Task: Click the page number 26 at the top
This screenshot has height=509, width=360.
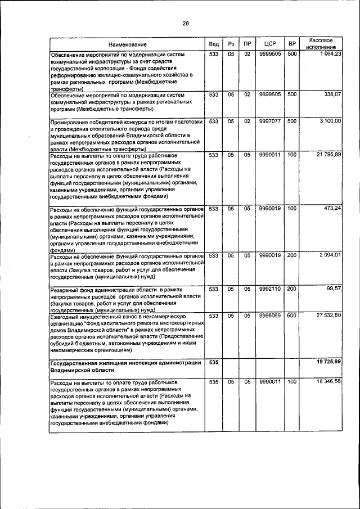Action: click(x=185, y=23)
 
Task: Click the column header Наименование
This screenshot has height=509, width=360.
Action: click(x=128, y=44)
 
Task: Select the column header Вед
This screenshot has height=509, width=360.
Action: click(x=214, y=44)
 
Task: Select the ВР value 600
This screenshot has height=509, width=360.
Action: click(x=291, y=316)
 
